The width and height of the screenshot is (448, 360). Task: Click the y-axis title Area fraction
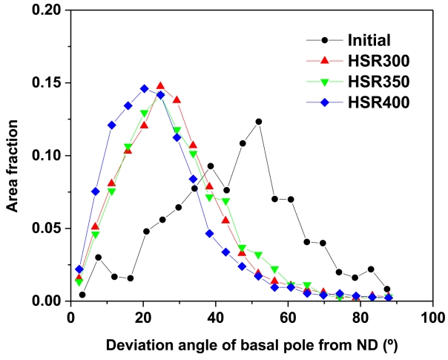(x=13, y=156)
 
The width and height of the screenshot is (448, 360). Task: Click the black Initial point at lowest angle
(x=82, y=295)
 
